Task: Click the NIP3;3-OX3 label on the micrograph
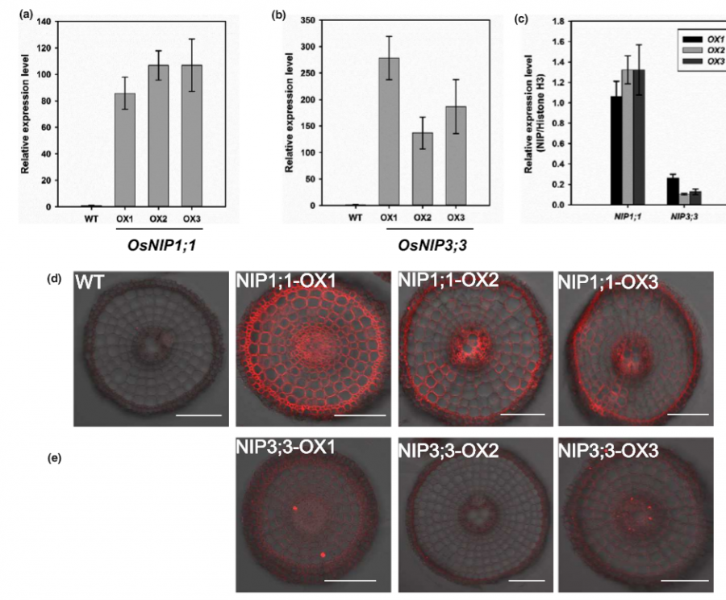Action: pyautogui.click(x=608, y=453)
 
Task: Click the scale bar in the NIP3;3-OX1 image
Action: pyautogui.click(x=351, y=579)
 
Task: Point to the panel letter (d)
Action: pyautogui.click(x=55, y=279)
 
